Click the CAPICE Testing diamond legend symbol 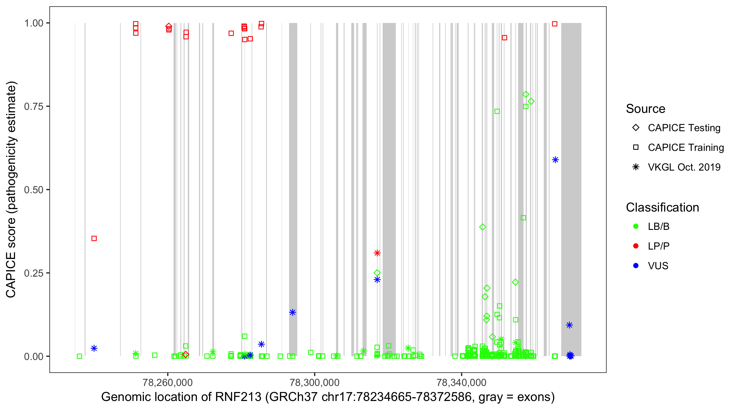tap(636, 128)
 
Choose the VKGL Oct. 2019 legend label tap(684, 167)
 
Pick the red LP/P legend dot tap(636, 246)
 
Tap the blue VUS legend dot tap(636, 266)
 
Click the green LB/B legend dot tap(636, 226)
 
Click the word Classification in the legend tap(662, 207)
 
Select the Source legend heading tap(646, 109)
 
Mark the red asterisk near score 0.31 tap(377, 253)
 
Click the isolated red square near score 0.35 tap(94, 238)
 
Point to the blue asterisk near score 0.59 tap(555, 160)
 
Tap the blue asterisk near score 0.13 tap(292, 312)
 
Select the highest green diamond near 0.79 tap(525, 94)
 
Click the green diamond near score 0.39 tap(483, 227)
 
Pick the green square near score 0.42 tap(523, 218)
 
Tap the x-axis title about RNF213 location tap(328, 397)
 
